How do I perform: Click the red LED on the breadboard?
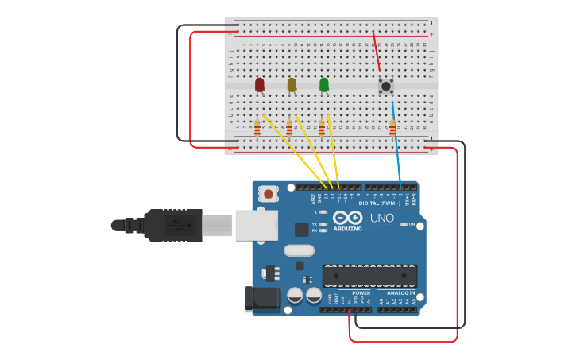pos(260,84)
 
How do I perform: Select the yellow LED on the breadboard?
pos(292,84)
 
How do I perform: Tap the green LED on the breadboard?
pos(324,84)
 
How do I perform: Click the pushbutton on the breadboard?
pos(386,86)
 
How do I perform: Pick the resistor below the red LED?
pos(257,127)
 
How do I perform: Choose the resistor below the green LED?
pos(322,127)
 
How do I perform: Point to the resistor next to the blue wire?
pos(392,126)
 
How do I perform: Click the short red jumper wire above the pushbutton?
pos(377,52)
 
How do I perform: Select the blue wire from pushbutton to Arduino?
pos(396,143)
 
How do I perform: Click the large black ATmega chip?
pos(369,276)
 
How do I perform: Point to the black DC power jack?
pos(261,299)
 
